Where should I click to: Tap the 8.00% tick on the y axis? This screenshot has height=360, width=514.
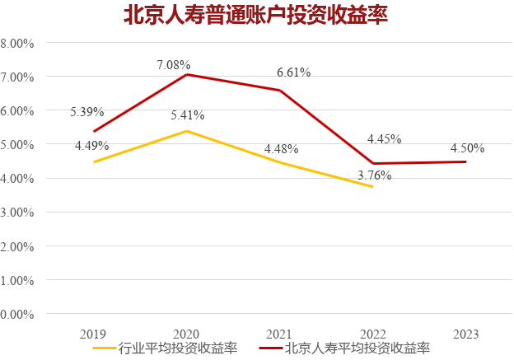[x=17, y=43]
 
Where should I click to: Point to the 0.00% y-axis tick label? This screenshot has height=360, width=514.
[x=17, y=314]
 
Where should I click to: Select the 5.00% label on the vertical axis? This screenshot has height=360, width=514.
[x=17, y=145]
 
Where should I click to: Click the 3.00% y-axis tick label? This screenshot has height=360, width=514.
[x=17, y=213]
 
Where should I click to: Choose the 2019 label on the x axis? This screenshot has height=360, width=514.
[x=93, y=334]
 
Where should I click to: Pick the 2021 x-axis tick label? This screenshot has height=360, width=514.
[x=279, y=334]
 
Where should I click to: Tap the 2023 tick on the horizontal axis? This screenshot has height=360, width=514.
[x=465, y=334]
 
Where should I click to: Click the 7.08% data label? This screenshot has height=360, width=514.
[x=174, y=64]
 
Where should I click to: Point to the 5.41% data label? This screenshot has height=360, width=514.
[x=187, y=115]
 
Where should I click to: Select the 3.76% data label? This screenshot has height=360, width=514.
[x=375, y=175]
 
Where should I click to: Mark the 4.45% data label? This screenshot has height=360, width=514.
[x=384, y=138]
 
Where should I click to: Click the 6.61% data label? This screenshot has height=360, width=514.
[x=293, y=72]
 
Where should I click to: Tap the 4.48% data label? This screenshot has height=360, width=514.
[x=281, y=149]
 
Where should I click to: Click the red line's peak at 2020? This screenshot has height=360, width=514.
[x=186, y=74]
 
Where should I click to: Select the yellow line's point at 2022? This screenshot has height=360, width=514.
[x=372, y=187]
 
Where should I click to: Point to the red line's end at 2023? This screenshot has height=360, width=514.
[x=465, y=161]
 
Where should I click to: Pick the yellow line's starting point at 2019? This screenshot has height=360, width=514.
[x=93, y=162]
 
